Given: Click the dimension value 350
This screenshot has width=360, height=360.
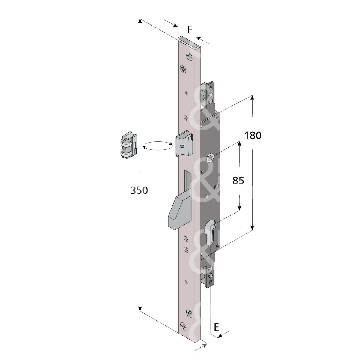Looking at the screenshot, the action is [x=139, y=190].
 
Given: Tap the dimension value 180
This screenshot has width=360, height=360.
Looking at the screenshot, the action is [x=253, y=136].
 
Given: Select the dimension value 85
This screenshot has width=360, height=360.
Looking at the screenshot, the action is [x=238, y=181].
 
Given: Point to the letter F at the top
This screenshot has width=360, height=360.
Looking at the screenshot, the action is [x=190, y=29].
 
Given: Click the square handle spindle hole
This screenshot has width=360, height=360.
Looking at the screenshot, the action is [x=210, y=158].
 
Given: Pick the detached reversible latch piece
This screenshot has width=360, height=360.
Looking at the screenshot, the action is [x=129, y=145].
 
